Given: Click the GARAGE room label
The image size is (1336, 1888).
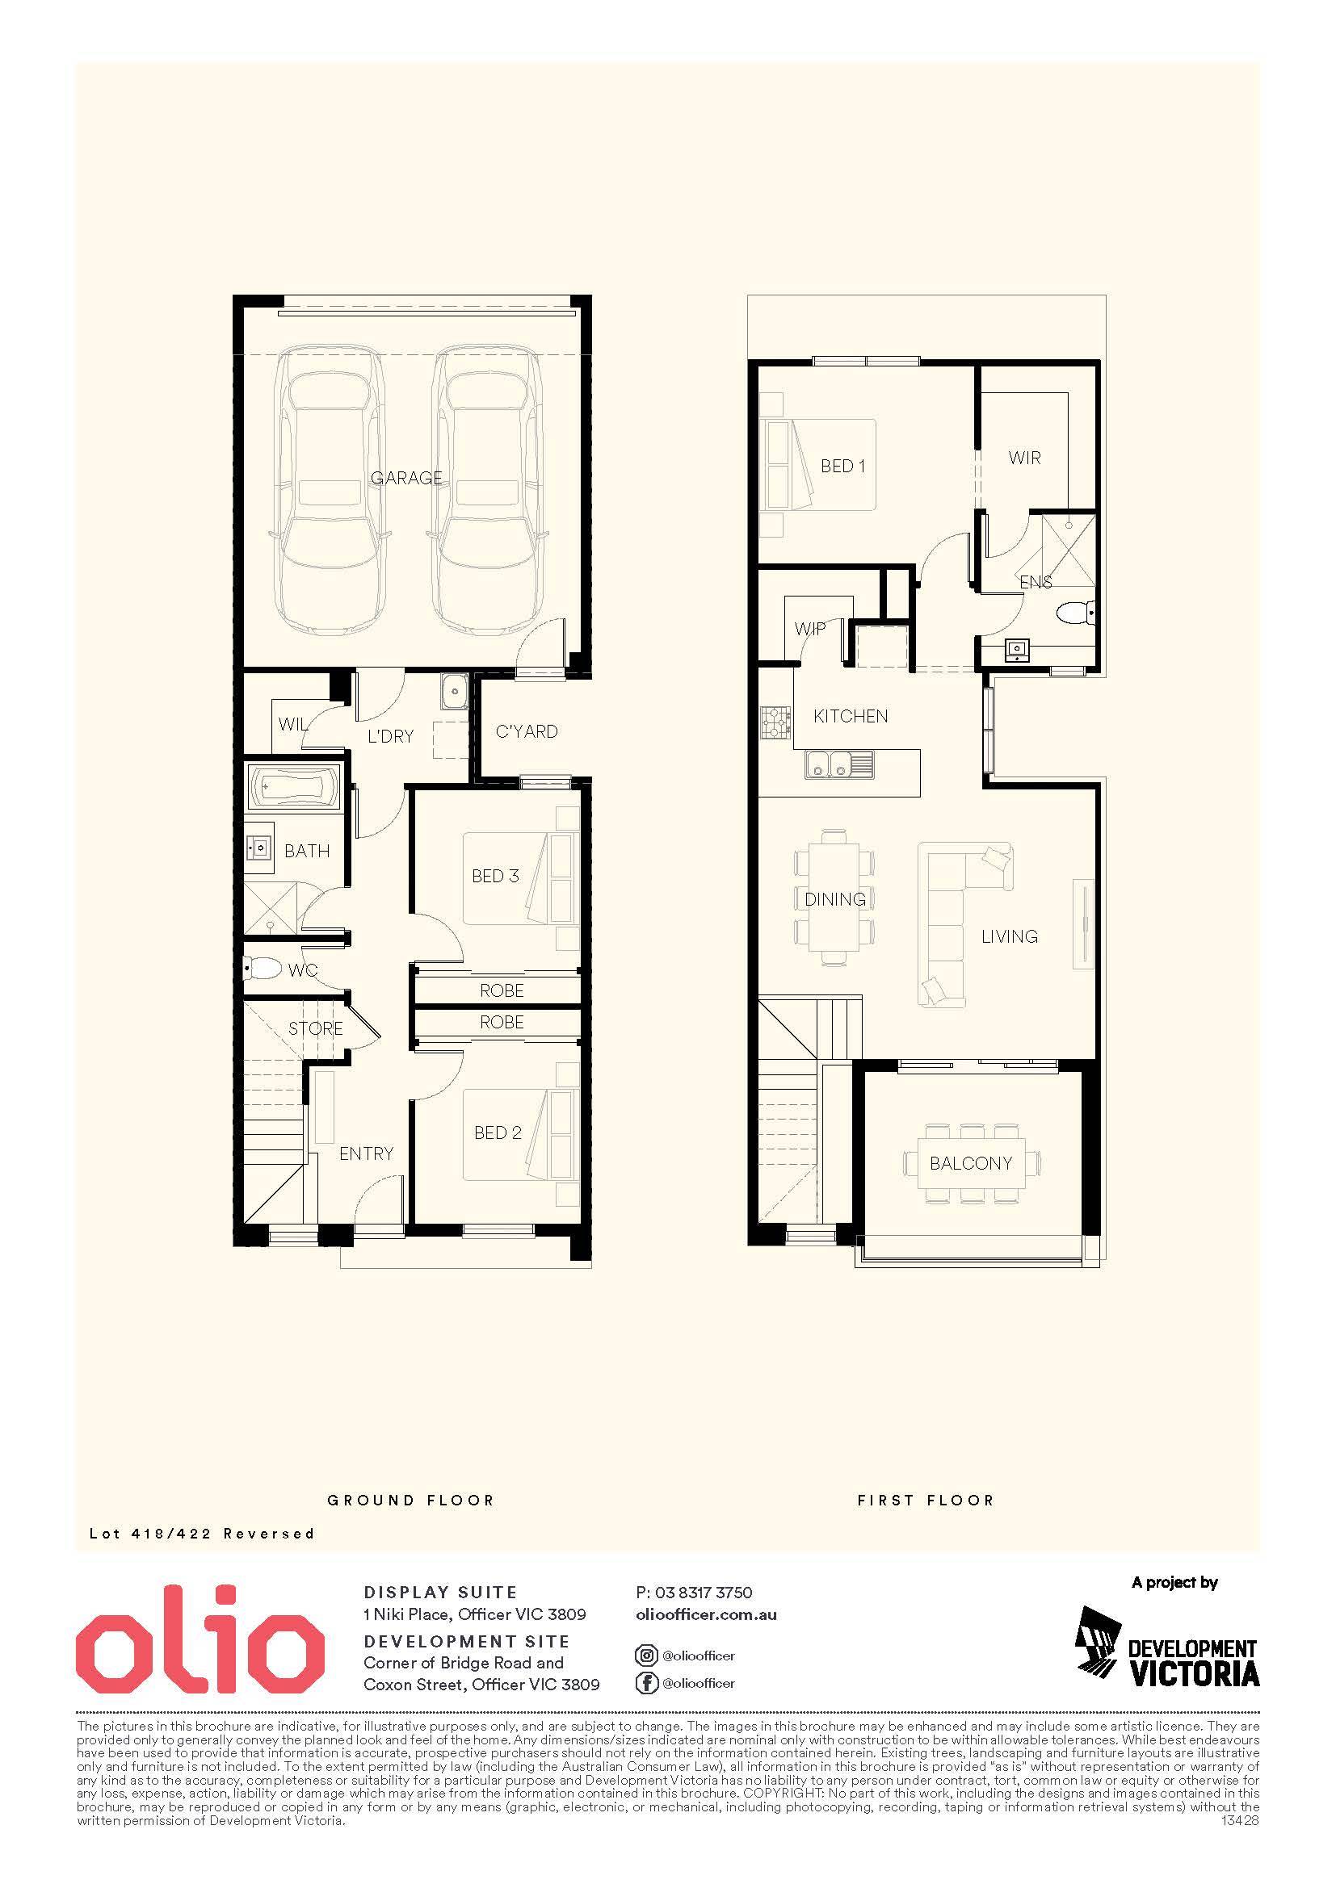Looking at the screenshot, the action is coord(406,478).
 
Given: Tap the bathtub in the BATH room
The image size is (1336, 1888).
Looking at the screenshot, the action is coord(294,786).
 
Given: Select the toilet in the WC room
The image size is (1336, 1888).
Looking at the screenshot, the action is coord(263,969).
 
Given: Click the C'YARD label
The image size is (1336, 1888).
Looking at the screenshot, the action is coord(527,731).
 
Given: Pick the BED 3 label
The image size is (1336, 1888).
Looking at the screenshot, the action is coord(495,876).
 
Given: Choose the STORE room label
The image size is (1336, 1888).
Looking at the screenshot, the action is coord(315,1028).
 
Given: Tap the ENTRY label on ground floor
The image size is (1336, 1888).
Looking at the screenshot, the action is coord(366,1153).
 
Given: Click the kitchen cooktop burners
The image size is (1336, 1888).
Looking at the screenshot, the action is coord(775,724).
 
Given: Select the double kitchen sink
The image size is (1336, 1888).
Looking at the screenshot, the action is coord(840,764).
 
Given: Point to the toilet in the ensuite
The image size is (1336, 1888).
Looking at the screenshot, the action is coord(1077,612).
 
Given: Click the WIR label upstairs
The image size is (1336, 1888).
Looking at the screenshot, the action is coord(1024,457).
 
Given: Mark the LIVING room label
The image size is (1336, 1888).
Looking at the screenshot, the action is coord(1010,936).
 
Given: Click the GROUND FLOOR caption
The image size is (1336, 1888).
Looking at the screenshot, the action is coord(411,1500).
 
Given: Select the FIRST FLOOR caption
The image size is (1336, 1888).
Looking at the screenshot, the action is coord(926,1500).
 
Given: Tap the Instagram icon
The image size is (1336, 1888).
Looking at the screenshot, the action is coord(647,1656).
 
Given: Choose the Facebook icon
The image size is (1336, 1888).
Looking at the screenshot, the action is coord(647,1683).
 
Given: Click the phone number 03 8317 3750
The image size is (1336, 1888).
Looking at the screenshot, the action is coord(704,1593).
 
